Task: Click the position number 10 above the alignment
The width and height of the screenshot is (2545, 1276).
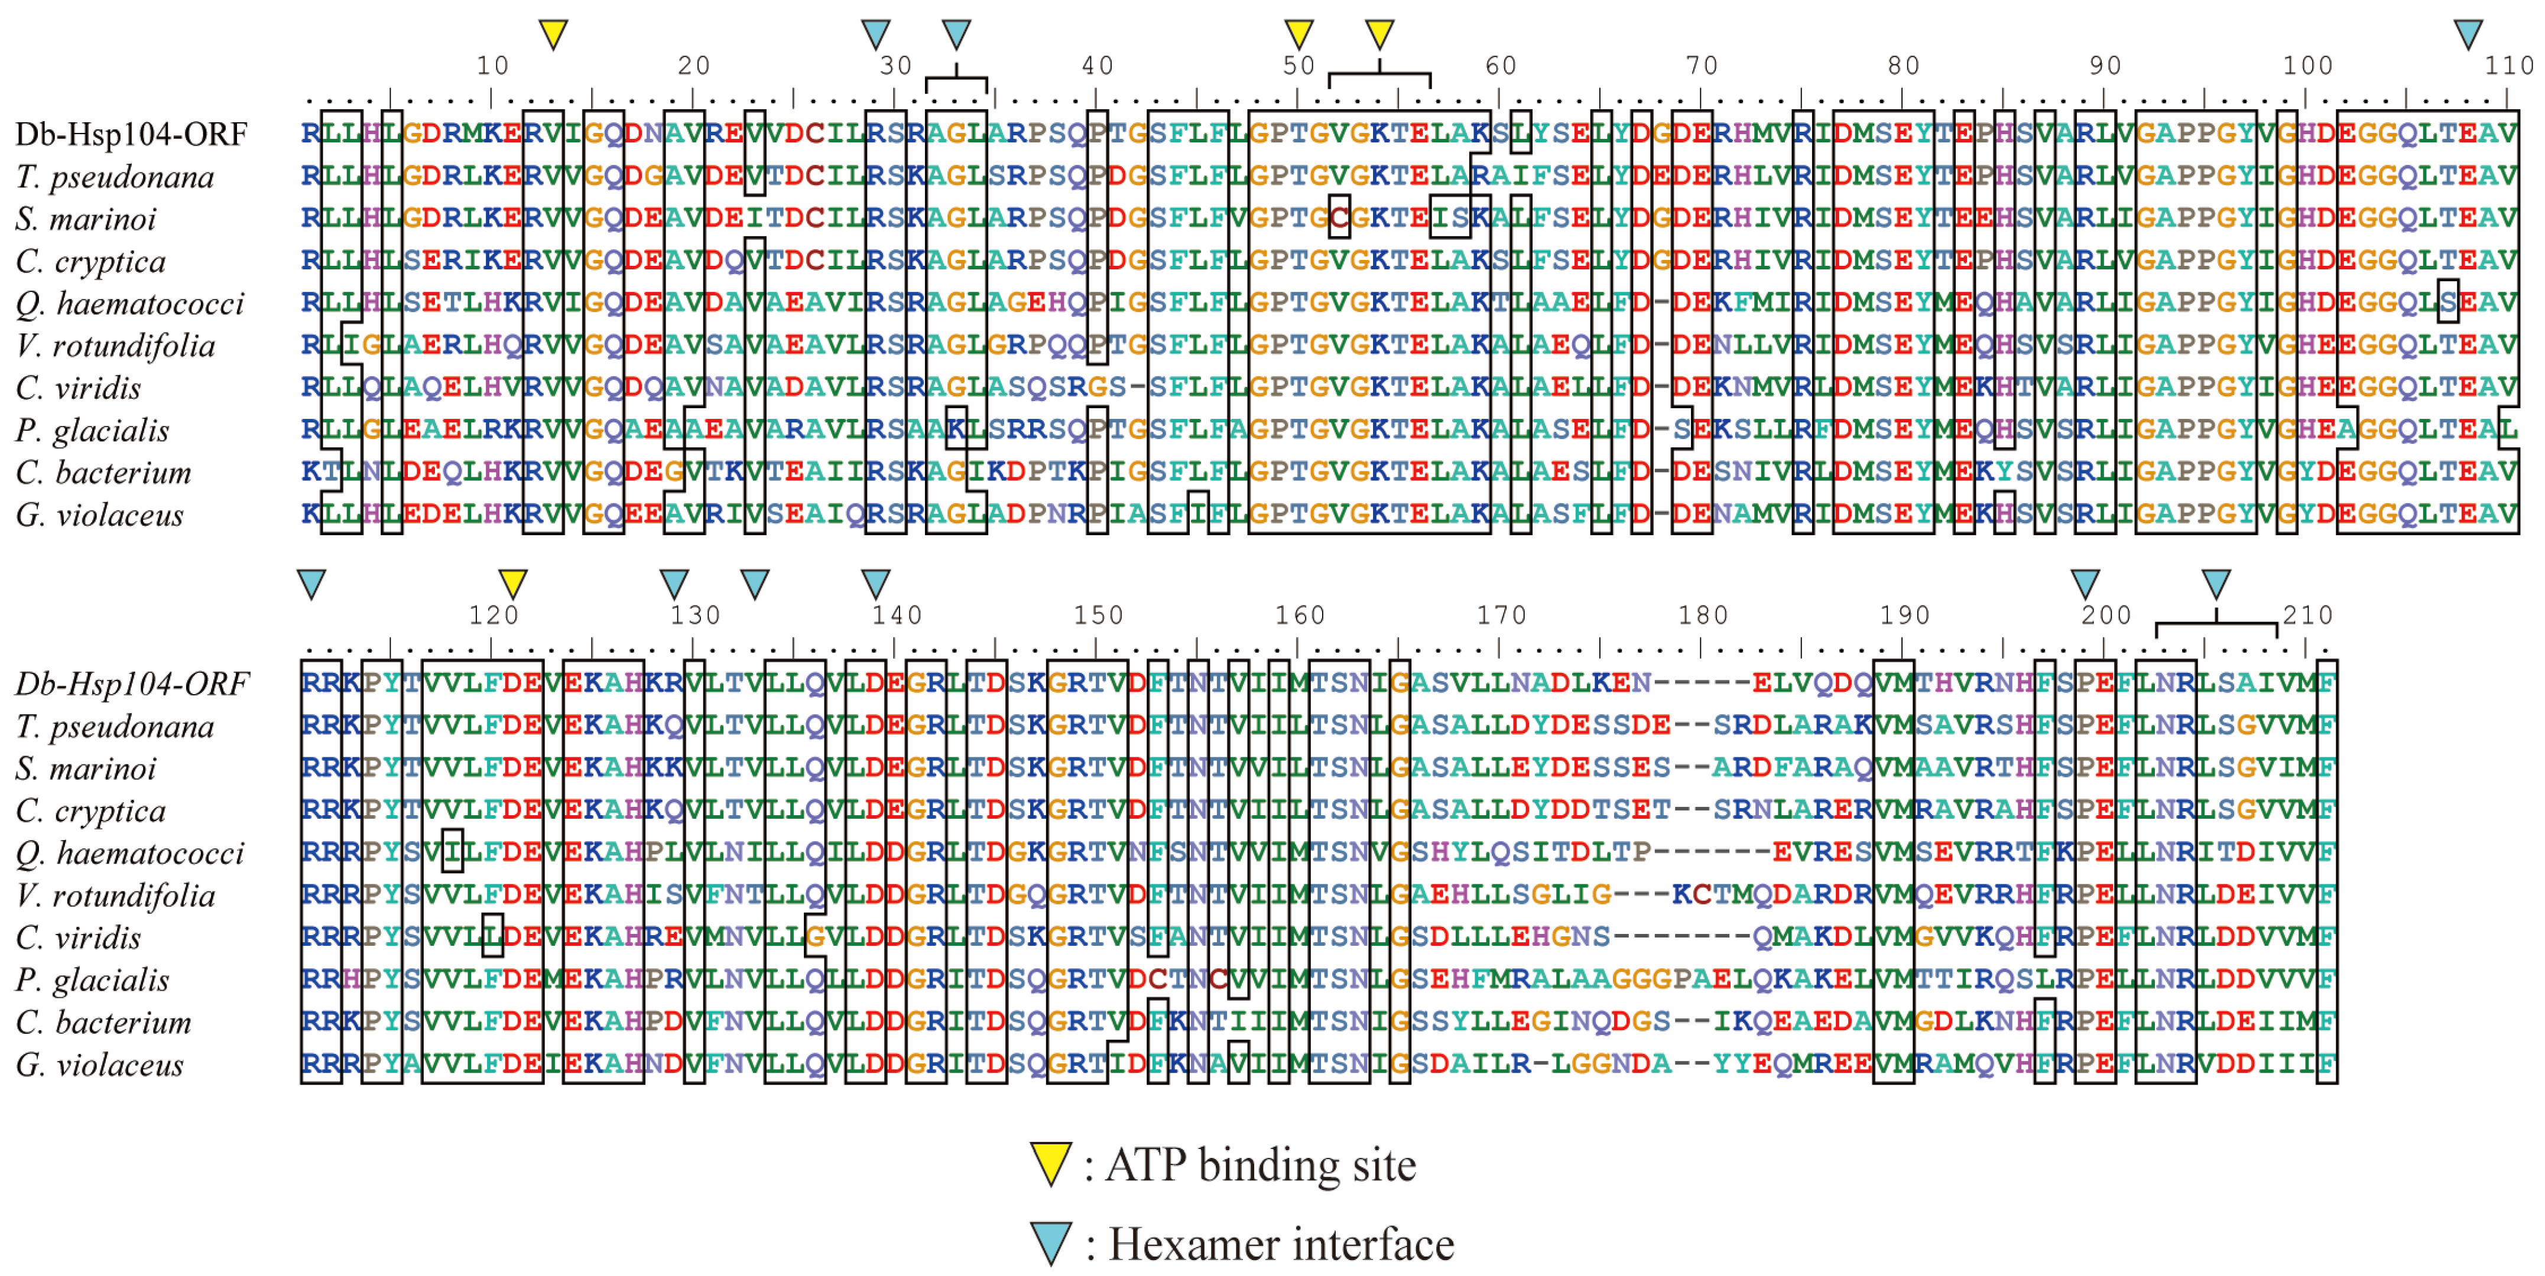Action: [x=492, y=66]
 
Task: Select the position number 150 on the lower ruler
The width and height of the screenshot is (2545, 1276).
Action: [x=1098, y=616]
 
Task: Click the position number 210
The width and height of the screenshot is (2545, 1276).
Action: [x=2307, y=616]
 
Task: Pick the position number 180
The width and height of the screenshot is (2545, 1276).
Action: [x=1702, y=616]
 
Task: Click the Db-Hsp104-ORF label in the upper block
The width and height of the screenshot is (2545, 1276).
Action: [x=131, y=134]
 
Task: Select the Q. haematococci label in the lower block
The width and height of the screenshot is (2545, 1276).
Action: [x=129, y=853]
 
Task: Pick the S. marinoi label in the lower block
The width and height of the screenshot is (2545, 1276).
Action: [x=86, y=769]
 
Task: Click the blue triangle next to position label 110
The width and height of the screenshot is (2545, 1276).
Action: [x=2468, y=35]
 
